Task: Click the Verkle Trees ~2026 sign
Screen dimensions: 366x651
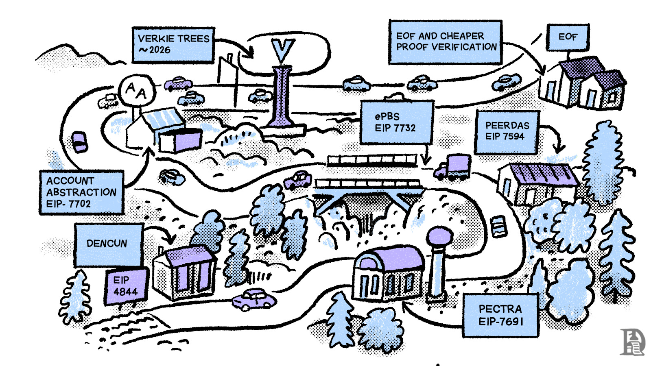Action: [173, 45]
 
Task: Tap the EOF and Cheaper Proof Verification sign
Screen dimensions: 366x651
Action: [446, 42]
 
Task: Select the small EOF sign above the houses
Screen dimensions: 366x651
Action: [568, 37]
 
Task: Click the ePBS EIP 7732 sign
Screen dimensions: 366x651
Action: [395, 122]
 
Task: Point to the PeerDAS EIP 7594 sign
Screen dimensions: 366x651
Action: [507, 131]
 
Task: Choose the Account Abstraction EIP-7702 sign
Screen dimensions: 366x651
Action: [81, 192]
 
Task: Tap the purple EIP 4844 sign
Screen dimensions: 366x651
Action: [126, 286]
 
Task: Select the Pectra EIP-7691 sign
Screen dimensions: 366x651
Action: [500, 315]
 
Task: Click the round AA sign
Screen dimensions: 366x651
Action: [136, 90]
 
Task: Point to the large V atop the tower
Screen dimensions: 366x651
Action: [283, 51]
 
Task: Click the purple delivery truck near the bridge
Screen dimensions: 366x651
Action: [455, 167]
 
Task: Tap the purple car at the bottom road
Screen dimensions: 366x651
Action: [254, 300]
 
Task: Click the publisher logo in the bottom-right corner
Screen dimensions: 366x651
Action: [632, 342]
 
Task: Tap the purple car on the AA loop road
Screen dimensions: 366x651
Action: [80, 141]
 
